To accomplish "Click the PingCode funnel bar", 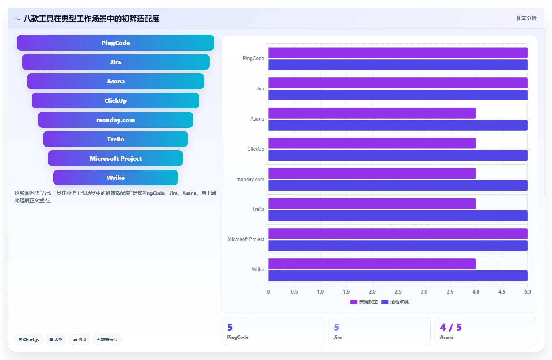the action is [x=115, y=43].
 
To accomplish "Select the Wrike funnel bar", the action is [x=116, y=178].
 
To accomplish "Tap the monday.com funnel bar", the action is [x=115, y=120].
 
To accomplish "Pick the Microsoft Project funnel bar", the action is [x=115, y=158].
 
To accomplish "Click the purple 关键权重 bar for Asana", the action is [x=372, y=113].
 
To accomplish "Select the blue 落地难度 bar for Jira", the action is [x=398, y=95].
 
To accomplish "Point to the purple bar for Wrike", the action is [x=372, y=264].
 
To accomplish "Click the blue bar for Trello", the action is [x=398, y=215].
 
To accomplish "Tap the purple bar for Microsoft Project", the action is [x=398, y=233].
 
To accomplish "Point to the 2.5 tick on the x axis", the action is [x=398, y=292].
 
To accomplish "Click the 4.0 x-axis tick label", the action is [x=476, y=292].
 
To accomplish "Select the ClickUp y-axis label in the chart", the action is [x=256, y=149].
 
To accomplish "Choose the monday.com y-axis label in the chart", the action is [x=250, y=179].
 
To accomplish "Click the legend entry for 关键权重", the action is [x=364, y=302].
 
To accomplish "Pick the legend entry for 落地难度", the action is [x=395, y=302].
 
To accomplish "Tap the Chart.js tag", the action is [x=29, y=340].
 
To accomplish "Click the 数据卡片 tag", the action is [x=107, y=340].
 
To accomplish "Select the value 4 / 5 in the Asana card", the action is [x=451, y=327].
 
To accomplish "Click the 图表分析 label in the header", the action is [x=526, y=18].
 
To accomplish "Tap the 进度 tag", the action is [x=80, y=340].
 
